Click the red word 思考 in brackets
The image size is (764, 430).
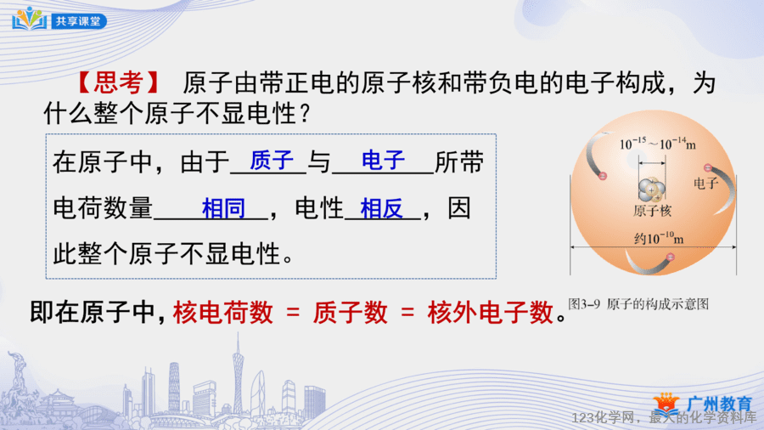point(118,83)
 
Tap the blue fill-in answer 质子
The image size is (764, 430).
point(272,161)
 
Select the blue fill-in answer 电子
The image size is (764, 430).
point(384,161)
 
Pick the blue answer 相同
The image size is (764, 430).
point(223,208)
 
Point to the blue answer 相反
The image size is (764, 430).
point(381,208)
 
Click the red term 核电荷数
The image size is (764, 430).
point(223,313)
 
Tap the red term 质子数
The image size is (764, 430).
point(351,313)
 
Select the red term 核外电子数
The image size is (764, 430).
point(491,313)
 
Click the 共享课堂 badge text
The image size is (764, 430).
point(78,21)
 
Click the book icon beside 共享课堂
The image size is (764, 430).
point(29,19)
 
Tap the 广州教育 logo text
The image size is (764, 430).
point(719,405)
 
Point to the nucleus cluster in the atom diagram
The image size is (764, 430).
point(651,190)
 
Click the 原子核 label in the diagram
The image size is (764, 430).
point(653,211)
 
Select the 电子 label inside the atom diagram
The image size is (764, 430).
point(705,184)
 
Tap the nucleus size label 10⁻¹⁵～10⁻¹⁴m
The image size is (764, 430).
point(657,144)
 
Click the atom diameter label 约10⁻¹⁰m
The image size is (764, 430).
point(659,238)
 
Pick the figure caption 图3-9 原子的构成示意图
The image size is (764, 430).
point(638,304)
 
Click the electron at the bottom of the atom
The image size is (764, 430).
point(671,257)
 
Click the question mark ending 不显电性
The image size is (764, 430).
point(306,114)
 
